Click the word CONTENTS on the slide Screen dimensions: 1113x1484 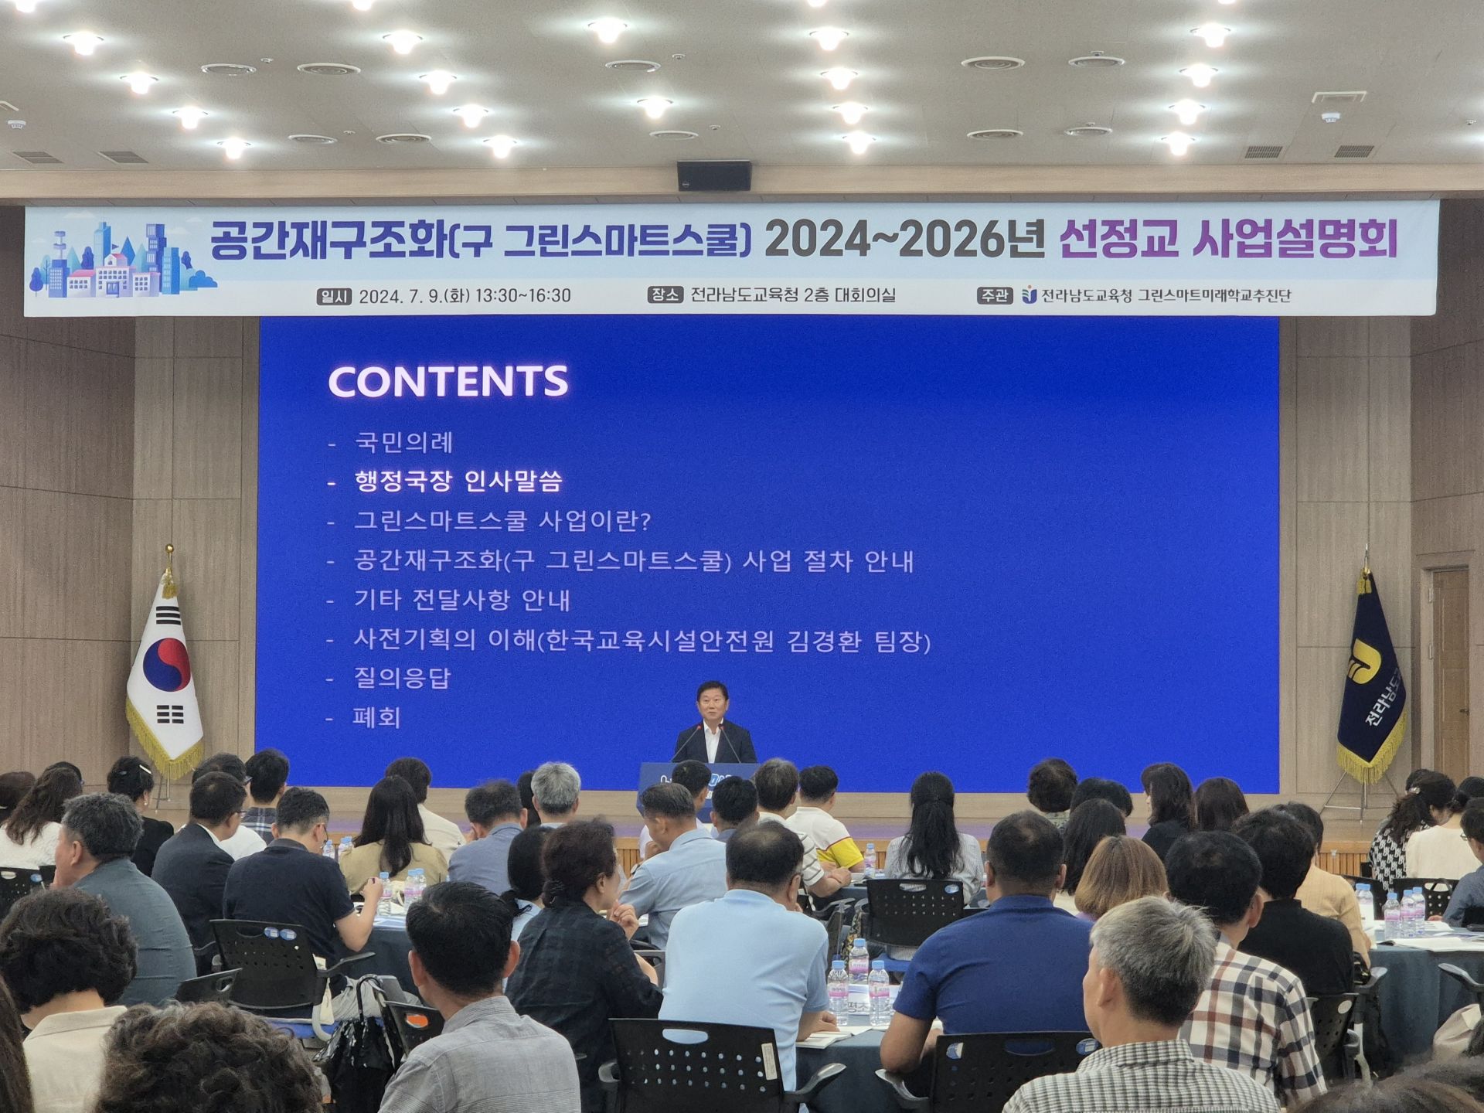click(x=448, y=381)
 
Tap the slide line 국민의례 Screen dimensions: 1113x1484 click(x=403, y=443)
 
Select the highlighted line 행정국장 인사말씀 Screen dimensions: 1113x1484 click(x=458, y=482)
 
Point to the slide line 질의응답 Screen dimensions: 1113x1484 click(x=402, y=679)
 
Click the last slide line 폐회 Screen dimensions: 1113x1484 click(x=376, y=718)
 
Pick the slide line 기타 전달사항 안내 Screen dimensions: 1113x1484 click(x=461, y=601)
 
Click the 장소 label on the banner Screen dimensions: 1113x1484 click(x=665, y=295)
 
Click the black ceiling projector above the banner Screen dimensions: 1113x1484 click(x=713, y=175)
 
